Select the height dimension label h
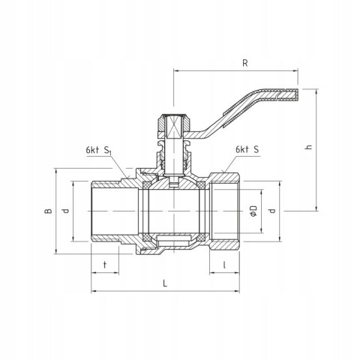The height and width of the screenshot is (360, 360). pyautogui.click(x=307, y=147)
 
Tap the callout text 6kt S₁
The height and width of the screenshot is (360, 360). pyautogui.click(x=98, y=149)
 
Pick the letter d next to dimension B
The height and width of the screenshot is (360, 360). pyautogui.click(x=65, y=212)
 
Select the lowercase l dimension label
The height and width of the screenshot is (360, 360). pyautogui.click(x=225, y=264)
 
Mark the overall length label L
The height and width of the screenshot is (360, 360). pyautogui.click(x=163, y=283)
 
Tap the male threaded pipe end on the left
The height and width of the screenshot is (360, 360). pyautogui.click(x=105, y=211)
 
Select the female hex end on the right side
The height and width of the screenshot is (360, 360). pyautogui.click(x=225, y=211)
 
